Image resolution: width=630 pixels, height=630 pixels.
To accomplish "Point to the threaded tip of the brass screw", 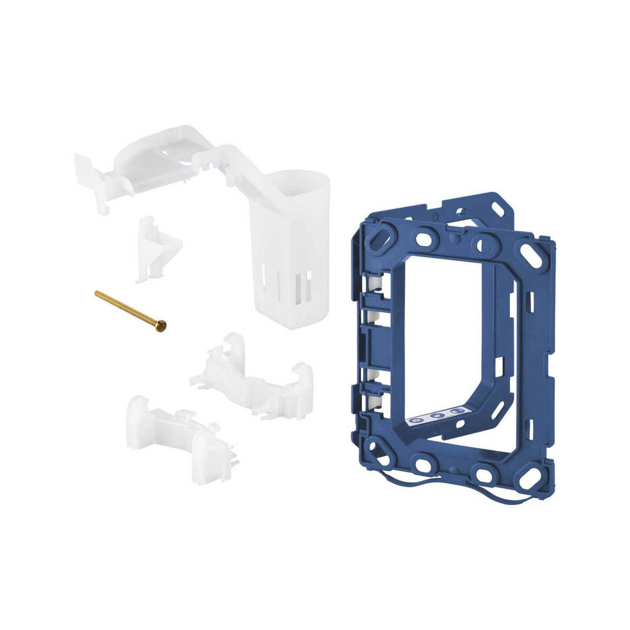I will click(x=97, y=293).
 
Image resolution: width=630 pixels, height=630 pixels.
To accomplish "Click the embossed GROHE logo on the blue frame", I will click(x=538, y=336).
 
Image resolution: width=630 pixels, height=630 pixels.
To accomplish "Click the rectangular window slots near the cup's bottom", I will click(x=301, y=288).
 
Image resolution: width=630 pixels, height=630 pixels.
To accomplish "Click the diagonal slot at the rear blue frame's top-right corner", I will click(x=501, y=210).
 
